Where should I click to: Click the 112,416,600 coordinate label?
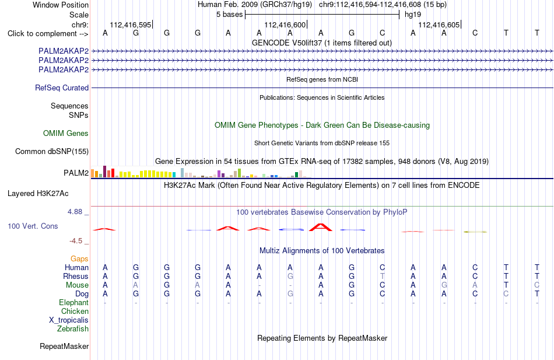[285, 25]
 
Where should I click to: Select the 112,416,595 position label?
[131, 25]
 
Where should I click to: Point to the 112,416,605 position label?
[439, 25]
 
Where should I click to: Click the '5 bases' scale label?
[230, 15]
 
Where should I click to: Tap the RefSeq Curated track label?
[62, 88]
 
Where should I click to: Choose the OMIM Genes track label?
[66, 133]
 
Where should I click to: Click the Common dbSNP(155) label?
[52, 151]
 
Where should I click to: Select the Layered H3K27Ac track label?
[38, 194]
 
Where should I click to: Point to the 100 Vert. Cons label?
[33, 226]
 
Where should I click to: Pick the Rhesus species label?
[76, 276]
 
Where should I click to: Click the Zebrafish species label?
[73, 329]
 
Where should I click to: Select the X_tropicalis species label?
[69, 320]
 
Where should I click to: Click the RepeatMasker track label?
[64, 346]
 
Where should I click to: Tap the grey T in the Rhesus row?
[383, 276]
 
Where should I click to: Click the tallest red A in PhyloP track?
[321, 227]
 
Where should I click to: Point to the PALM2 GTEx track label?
[76, 173]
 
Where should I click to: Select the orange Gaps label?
[79, 259]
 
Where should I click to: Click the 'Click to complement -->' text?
[48, 34]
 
